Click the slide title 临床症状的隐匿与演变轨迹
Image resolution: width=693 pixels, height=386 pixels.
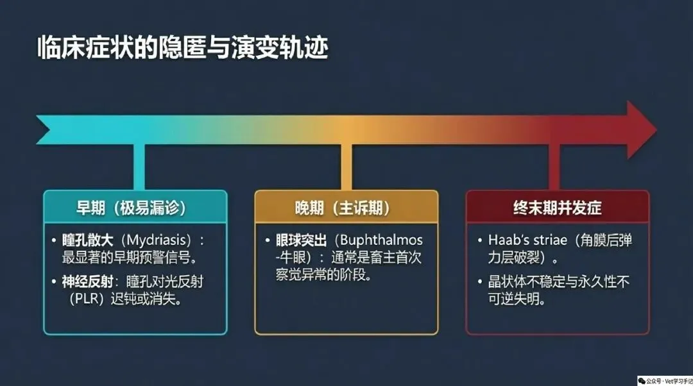click(182, 48)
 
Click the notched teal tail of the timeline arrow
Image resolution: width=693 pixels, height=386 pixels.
click(46, 130)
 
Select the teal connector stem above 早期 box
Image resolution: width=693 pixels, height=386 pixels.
click(139, 167)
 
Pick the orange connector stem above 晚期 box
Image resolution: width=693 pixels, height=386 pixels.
click(346, 167)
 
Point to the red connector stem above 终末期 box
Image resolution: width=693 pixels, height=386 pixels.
click(554, 167)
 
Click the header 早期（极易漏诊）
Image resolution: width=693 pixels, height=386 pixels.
click(132, 208)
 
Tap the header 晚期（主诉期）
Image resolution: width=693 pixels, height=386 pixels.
click(343, 208)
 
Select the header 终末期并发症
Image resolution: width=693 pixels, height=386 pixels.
click(558, 208)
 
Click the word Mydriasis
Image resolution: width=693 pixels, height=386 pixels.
click(155, 240)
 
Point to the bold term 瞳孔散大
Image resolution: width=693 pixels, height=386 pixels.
click(87, 240)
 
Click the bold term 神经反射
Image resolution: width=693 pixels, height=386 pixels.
click(87, 281)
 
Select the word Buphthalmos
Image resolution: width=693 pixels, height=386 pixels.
click(381, 240)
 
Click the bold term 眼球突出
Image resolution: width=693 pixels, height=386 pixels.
click(302, 240)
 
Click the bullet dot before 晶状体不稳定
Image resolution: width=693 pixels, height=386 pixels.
click(480, 281)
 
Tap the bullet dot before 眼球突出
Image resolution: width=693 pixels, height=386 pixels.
click(268, 240)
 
